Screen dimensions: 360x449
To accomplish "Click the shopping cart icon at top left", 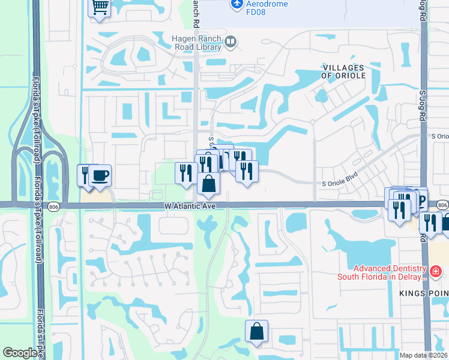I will [100, 8].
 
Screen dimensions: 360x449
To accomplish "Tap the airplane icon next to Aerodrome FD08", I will [237, 5].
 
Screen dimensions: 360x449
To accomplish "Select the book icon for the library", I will [231, 41].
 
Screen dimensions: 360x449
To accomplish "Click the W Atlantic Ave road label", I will [190, 205].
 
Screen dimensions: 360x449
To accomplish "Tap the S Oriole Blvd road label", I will [344, 183].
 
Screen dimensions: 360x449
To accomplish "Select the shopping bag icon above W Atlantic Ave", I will [208, 183].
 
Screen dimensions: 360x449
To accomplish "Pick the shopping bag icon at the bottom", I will [256, 331].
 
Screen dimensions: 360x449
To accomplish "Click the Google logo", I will [20, 353].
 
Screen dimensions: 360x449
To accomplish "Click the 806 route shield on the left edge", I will [53, 205].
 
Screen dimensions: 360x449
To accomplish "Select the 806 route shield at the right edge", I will [443, 205].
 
